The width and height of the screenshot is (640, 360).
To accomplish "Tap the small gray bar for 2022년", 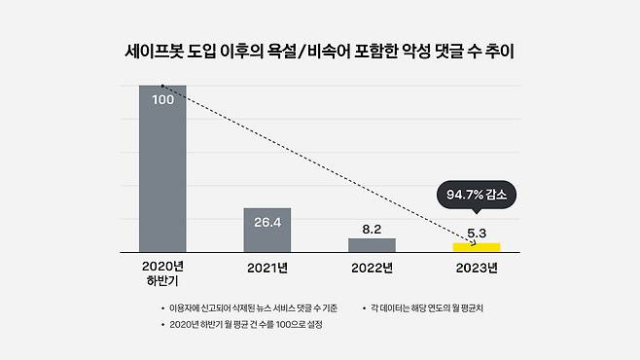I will coord(372,245).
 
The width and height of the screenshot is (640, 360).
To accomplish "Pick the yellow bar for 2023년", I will coord(477,247).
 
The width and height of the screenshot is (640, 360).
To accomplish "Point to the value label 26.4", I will coord(267,223).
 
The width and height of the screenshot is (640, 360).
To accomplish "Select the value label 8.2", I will coord(372,229).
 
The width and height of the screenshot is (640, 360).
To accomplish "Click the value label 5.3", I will coord(477,234).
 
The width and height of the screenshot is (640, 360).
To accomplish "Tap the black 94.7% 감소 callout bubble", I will coord(477,195).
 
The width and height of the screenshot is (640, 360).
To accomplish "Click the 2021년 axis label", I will coord(267,268).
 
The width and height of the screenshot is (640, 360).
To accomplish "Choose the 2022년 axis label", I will coord(372,268).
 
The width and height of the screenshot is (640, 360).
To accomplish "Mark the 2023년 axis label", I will coord(477,268).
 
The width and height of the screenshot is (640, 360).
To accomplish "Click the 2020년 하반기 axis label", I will coord(162,274).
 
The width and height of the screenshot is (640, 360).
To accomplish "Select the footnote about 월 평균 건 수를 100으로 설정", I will coord(245,325).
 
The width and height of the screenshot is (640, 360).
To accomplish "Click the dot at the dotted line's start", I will coord(162,87).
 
